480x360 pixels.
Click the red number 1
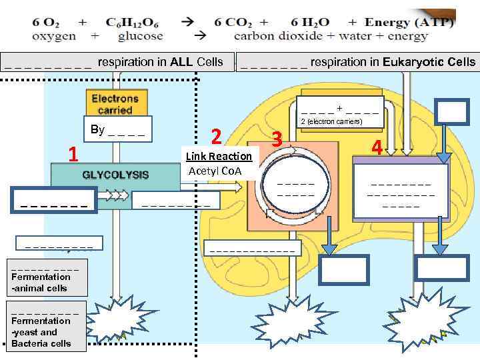74,155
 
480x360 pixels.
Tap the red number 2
216,136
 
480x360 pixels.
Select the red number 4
377,147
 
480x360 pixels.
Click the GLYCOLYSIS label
115,175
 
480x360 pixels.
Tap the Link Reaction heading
219,157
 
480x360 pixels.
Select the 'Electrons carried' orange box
115,104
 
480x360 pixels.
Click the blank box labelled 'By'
117,129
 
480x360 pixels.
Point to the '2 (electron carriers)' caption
331,121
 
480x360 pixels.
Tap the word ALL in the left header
181,62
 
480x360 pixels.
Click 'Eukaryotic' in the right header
413,62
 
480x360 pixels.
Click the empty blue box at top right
452,111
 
